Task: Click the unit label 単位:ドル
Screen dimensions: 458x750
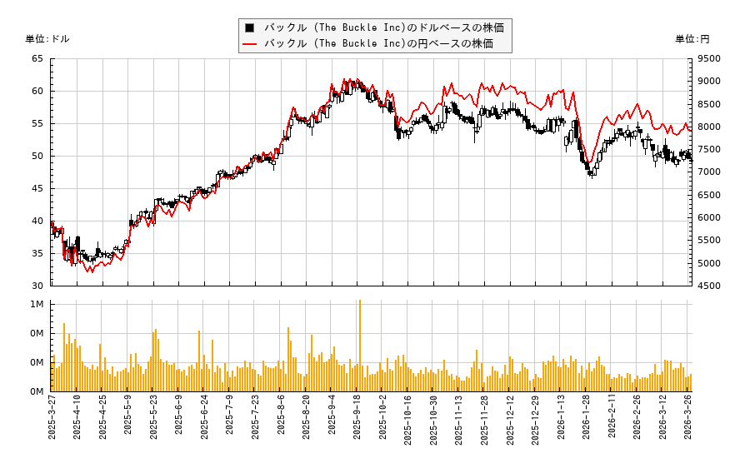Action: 47,39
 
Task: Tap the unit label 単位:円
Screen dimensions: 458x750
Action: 692,39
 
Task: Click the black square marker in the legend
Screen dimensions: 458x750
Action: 249,27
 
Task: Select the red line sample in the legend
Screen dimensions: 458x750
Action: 250,43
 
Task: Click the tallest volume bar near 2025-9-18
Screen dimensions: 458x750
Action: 360,346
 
